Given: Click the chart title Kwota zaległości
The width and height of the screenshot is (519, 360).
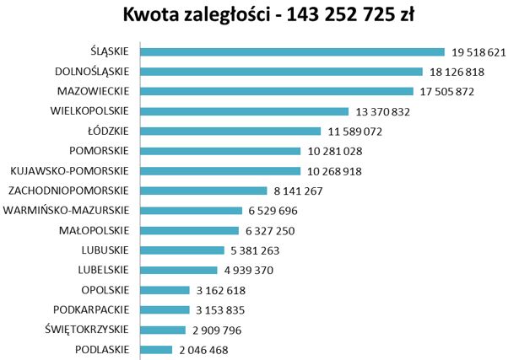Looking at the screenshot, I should pyautogui.click(x=260, y=16).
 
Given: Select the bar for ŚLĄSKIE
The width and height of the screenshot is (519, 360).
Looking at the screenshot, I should pyautogui.click(x=291, y=52).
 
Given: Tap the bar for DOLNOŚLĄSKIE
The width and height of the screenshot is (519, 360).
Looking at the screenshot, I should pyautogui.click(x=280, y=72).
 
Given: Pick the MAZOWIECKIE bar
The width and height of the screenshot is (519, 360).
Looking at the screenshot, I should pyautogui.click(x=276, y=91).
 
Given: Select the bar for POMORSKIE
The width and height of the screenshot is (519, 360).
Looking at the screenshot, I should pyautogui.click(x=219, y=151).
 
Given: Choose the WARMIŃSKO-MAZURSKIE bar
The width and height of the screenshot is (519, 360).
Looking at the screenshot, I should pyautogui.click(x=190, y=211).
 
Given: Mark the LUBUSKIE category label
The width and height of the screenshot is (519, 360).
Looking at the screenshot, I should pyautogui.click(x=105, y=250).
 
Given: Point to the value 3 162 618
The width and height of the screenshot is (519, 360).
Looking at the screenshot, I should pyautogui.click(x=222, y=290).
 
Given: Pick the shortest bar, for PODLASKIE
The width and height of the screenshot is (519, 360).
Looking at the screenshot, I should pyautogui.click(x=155, y=349).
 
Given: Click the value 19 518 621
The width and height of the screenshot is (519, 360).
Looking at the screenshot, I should pyautogui.click(x=478, y=52).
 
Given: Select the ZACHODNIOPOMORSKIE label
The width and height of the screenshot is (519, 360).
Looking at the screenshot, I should pyautogui.click(x=67, y=191).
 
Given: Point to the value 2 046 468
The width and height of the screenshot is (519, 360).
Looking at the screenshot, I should pyautogui.click(x=203, y=350).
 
